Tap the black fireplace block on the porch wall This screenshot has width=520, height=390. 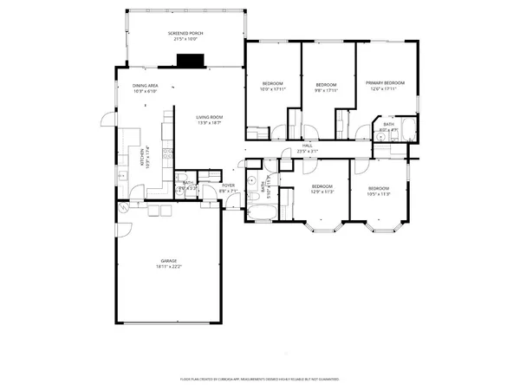click(190, 61)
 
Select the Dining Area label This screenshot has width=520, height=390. click(145, 86)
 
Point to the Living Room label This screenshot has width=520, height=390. click(209, 118)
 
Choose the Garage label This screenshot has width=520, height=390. click(169, 261)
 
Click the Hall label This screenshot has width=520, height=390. click(308, 146)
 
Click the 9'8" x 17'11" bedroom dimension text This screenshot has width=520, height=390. click(325, 88)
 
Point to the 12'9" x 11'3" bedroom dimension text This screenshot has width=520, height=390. click(322, 193)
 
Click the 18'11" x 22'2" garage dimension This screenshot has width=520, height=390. click(169, 267)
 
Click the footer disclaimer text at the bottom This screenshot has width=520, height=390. click(260, 379)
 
